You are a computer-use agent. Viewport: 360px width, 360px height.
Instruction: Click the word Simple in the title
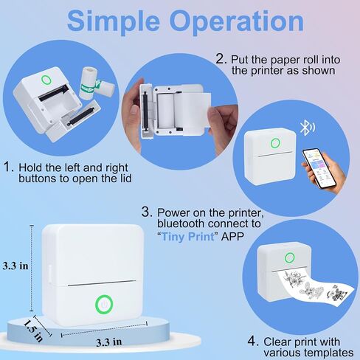click(x=114, y=21)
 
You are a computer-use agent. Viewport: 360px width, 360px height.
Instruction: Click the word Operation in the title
click(x=236, y=21)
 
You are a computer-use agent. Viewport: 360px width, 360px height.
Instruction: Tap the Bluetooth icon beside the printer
click(x=307, y=128)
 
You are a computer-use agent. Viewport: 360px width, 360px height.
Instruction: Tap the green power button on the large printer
click(x=104, y=305)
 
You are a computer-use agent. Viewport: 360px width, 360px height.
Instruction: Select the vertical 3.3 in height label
click(x=15, y=266)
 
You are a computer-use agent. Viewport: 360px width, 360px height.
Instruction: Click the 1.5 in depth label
click(x=33, y=330)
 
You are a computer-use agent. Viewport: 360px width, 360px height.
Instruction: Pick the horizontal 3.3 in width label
click(x=108, y=342)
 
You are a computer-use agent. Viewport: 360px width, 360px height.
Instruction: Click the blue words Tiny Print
click(x=188, y=237)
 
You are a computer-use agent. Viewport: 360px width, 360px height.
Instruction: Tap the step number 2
click(x=221, y=59)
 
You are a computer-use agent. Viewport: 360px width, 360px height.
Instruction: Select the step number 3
click(x=147, y=212)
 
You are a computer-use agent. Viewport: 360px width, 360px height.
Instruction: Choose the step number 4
click(x=252, y=341)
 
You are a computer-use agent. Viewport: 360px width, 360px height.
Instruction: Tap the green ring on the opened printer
click(x=46, y=80)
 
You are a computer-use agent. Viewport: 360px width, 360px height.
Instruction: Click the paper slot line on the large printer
click(x=102, y=283)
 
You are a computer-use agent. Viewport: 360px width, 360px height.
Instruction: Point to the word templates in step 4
click(x=308, y=353)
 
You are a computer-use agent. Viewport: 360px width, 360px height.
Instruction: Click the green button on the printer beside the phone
click(x=275, y=143)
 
